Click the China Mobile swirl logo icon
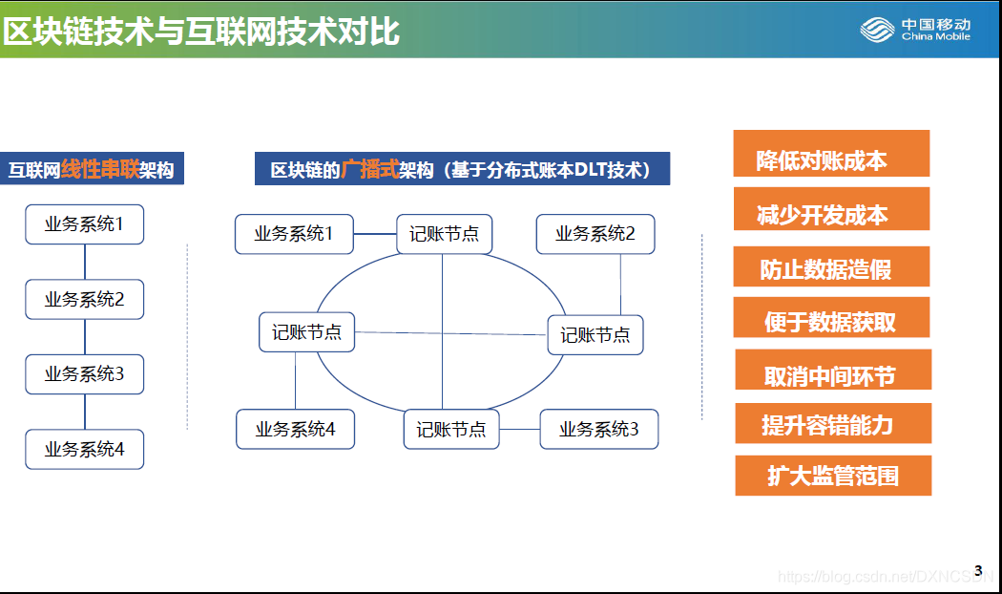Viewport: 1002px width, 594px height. (x=877, y=30)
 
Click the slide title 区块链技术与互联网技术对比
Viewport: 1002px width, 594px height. (x=201, y=32)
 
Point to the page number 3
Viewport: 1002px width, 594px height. (x=978, y=570)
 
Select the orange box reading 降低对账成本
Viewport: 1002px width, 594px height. (x=831, y=154)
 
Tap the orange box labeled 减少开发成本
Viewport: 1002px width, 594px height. (x=831, y=208)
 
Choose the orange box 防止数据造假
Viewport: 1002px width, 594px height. (x=831, y=266)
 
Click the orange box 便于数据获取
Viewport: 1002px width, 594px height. (x=831, y=317)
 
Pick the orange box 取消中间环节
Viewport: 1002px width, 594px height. (x=833, y=370)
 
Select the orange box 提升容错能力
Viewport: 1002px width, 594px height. (x=833, y=423)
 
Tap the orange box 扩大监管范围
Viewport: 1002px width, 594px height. (x=833, y=476)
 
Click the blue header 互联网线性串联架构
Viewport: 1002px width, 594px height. (x=92, y=169)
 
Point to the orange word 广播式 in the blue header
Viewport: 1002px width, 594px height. (x=370, y=169)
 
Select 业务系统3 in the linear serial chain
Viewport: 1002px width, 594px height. (x=84, y=374)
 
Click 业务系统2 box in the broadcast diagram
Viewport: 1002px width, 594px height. (x=595, y=234)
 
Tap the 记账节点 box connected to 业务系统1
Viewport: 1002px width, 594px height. (x=444, y=234)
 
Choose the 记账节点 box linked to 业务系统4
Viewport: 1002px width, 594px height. (x=306, y=331)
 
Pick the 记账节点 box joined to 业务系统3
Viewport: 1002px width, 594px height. (x=451, y=429)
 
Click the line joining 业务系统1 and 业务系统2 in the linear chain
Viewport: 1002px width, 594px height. (x=85, y=263)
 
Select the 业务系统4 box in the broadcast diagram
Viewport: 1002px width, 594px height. (x=295, y=429)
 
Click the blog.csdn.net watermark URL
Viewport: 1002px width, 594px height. (x=886, y=577)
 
